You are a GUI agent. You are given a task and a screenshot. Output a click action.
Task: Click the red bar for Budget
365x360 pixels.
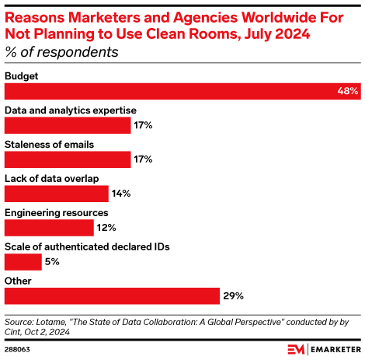(182, 91)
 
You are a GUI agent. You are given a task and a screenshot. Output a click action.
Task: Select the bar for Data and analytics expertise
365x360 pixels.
(68, 125)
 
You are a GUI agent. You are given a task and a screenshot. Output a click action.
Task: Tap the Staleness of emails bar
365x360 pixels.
(68, 159)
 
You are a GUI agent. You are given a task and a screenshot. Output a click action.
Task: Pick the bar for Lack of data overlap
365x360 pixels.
(57, 194)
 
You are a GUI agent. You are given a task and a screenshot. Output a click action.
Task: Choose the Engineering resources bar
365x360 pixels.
(49, 228)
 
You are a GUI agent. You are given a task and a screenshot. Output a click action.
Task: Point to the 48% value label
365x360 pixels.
(348, 91)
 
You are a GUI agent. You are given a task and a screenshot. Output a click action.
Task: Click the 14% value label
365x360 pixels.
(120, 194)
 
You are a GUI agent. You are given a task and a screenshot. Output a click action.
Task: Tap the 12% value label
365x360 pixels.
(106, 228)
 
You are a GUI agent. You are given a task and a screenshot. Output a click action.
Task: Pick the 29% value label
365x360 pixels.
(234, 296)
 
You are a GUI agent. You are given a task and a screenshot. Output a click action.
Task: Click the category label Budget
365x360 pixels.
(22, 75)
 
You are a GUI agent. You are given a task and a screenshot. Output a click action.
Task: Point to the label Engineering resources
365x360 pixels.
(56, 212)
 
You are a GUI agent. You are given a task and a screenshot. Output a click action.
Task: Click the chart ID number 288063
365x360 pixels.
(19, 349)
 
